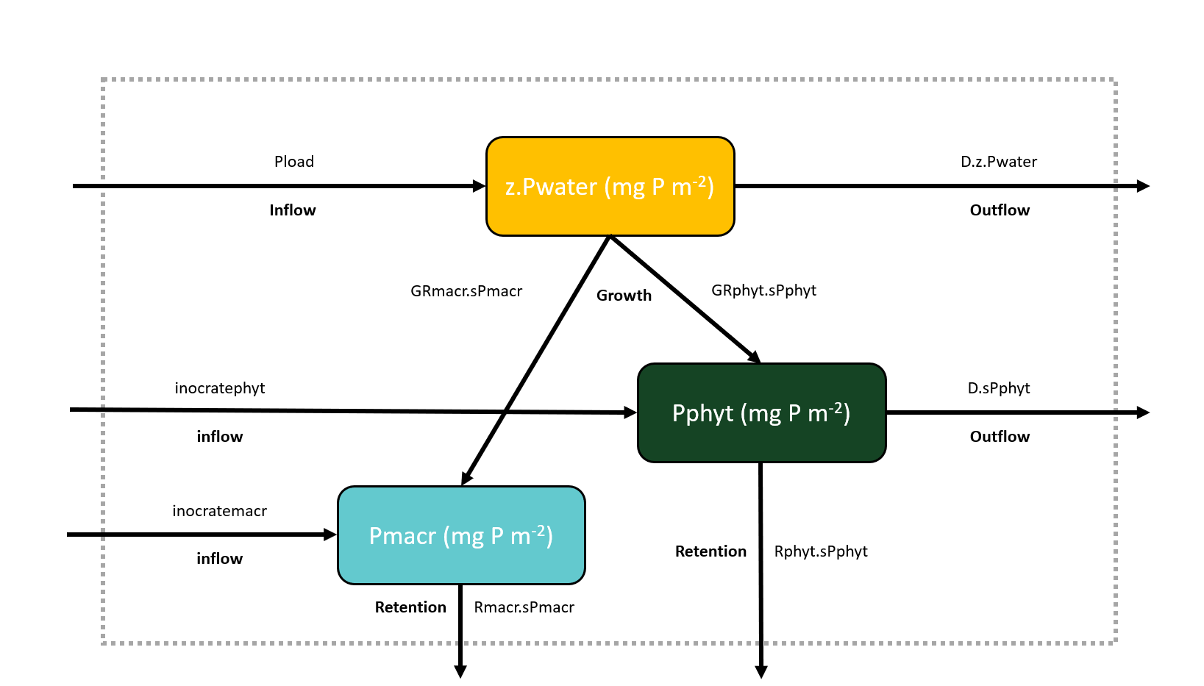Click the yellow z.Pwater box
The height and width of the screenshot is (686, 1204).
pyautogui.click(x=610, y=186)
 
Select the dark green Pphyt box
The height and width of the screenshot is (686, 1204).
pyautogui.click(x=761, y=412)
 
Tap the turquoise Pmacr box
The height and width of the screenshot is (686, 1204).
pyautogui.click(x=461, y=535)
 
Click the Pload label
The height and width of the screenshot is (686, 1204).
pyautogui.click(x=293, y=162)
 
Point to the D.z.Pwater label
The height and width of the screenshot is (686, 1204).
pyautogui.click(x=998, y=162)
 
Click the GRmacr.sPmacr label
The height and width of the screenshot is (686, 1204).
pyautogui.click(x=466, y=291)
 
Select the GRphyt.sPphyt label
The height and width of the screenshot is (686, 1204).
pyautogui.click(x=763, y=290)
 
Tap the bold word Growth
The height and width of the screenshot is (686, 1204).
pyautogui.click(x=624, y=296)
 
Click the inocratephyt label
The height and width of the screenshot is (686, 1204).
pyautogui.click(x=219, y=388)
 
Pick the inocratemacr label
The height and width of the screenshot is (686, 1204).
pyautogui.click(x=219, y=511)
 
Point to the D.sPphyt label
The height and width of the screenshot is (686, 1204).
pyautogui.click(x=998, y=388)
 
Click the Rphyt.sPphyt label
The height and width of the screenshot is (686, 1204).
pyautogui.click(x=821, y=551)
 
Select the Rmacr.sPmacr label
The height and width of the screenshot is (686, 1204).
pyautogui.click(x=524, y=607)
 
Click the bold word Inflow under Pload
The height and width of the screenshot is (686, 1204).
pyautogui.click(x=292, y=210)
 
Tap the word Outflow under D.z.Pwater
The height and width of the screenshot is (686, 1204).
pyautogui.click(x=1000, y=210)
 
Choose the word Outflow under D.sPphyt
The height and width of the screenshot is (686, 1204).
pyautogui.click(x=1000, y=437)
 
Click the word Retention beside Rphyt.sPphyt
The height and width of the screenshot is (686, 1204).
pyautogui.click(x=710, y=551)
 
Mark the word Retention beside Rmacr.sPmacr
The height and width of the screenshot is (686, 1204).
pyautogui.click(x=410, y=607)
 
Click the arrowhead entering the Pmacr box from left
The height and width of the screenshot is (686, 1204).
pyautogui.click(x=330, y=535)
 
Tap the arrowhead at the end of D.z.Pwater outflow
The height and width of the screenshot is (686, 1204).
pyautogui.click(x=1142, y=186)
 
